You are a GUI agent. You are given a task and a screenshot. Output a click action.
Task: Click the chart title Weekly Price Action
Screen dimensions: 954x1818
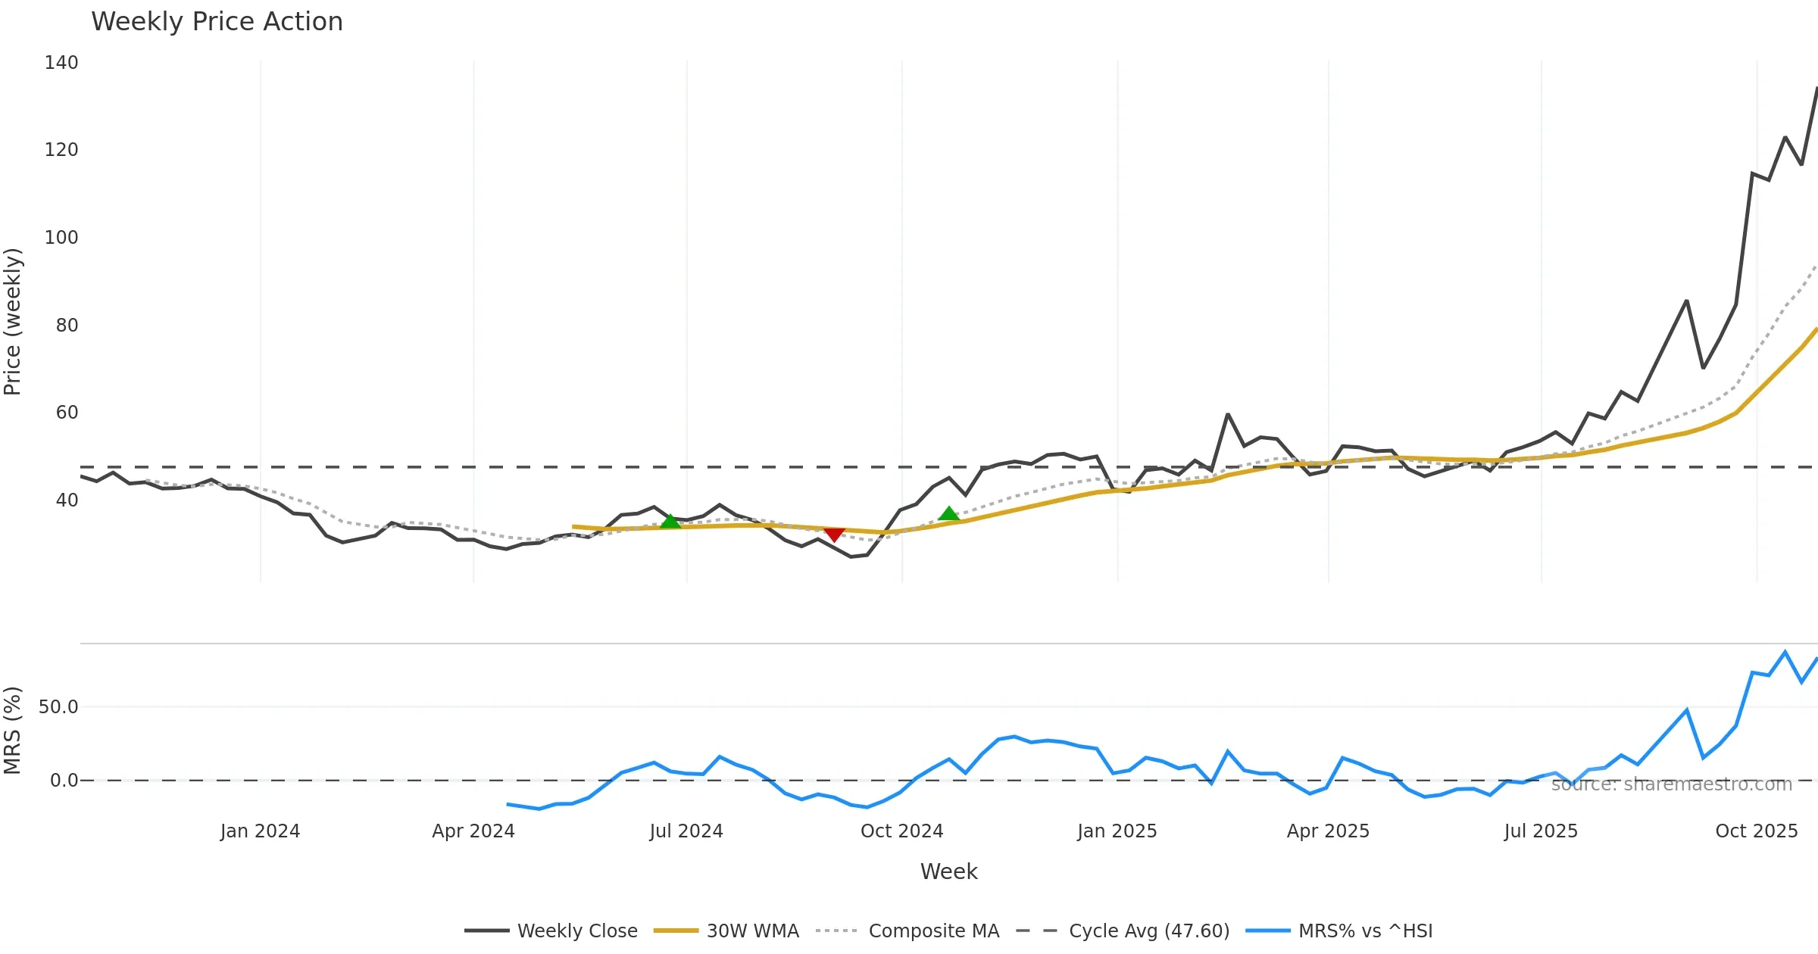[x=217, y=22]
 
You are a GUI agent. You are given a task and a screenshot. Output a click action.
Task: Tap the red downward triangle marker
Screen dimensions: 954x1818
[x=834, y=535]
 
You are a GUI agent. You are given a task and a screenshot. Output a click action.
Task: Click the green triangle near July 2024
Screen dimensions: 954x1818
[x=670, y=521]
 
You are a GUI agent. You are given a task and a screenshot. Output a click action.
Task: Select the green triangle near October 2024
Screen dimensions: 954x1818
[x=948, y=514]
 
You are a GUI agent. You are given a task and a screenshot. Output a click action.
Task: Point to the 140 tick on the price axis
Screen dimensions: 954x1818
[x=61, y=63]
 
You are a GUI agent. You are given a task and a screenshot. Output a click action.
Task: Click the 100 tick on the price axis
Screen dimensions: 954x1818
[x=61, y=238]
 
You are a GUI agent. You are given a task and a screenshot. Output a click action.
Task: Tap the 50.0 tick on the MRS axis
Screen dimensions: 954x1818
[x=58, y=707]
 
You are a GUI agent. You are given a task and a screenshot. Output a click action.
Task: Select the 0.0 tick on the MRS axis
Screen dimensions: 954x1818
[x=64, y=781]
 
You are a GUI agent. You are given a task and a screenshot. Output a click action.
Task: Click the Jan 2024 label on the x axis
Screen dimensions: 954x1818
[x=260, y=831]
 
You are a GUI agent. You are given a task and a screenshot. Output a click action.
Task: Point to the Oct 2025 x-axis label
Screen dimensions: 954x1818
[x=1756, y=831]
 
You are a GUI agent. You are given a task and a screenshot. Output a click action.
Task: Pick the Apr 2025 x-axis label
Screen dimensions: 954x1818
[x=1328, y=831]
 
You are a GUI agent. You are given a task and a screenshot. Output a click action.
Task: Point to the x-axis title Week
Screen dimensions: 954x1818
[x=948, y=871]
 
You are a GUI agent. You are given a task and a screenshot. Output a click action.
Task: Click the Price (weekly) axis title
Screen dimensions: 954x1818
[x=13, y=322]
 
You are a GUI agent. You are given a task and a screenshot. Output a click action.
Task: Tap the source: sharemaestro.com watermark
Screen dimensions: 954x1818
[x=1671, y=784]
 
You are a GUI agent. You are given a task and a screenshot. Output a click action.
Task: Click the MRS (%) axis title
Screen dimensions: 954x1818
[x=13, y=730]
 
